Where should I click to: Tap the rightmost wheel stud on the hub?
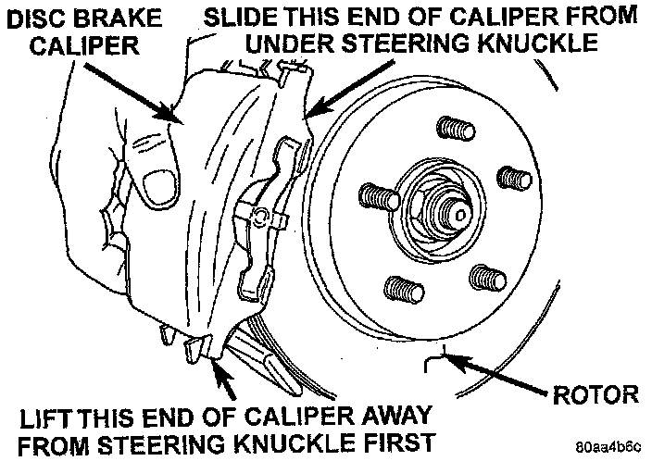511,179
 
